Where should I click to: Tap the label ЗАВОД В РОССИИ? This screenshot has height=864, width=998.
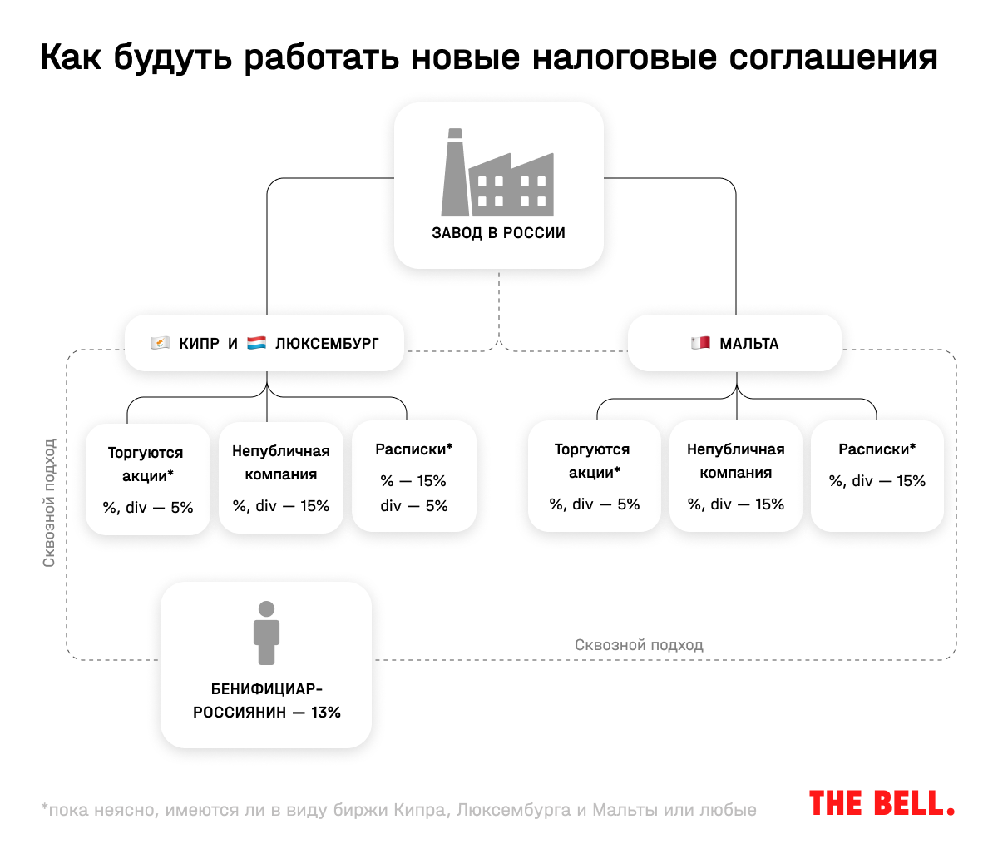[498, 233]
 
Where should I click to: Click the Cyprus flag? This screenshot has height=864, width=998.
[161, 343]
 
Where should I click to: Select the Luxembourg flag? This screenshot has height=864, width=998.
[257, 343]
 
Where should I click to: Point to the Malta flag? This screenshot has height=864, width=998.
[700, 343]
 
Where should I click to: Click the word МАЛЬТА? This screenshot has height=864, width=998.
[748, 344]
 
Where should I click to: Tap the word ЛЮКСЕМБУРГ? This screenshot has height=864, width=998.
[327, 344]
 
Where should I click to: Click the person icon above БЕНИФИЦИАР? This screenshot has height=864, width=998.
[266, 633]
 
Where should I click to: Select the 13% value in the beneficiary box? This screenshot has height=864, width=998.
[326, 713]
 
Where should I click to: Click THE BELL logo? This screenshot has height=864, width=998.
[882, 804]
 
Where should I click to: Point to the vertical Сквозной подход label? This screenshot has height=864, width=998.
[50, 504]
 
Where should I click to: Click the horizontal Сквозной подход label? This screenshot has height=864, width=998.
[639, 645]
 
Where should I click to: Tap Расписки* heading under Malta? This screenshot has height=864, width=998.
[877, 449]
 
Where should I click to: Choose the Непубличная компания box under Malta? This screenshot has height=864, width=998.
[736, 476]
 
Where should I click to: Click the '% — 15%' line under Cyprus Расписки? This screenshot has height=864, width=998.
[413, 481]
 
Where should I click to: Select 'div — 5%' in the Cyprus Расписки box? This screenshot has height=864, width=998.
[413, 506]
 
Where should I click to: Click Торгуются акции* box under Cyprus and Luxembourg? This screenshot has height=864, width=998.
[148, 479]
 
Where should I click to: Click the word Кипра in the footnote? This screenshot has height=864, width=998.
[420, 810]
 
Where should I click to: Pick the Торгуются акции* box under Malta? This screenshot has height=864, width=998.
[594, 476]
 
